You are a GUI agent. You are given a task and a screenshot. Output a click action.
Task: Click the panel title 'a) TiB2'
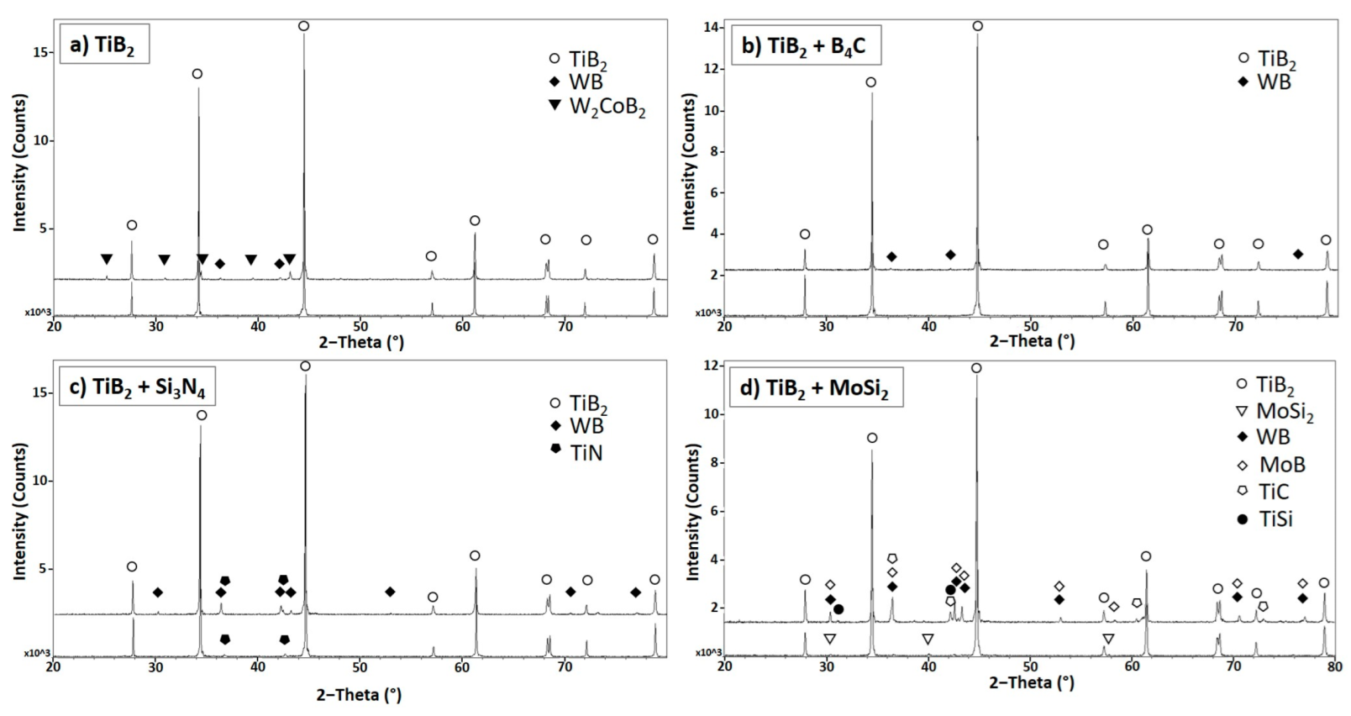(x=103, y=45)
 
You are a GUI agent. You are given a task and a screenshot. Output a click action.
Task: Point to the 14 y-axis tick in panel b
(x=711, y=27)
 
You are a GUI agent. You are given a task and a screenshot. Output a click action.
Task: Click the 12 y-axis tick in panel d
(x=711, y=366)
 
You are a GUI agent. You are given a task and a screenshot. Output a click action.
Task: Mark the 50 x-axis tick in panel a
(x=360, y=326)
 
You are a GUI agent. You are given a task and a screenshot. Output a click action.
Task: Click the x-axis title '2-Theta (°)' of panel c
(x=359, y=694)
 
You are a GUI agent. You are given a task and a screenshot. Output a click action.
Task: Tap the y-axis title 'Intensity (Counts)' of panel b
(x=690, y=161)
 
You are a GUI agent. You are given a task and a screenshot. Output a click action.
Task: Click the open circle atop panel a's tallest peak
(x=303, y=26)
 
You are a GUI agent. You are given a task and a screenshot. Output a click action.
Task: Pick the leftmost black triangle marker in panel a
(x=107, y=260)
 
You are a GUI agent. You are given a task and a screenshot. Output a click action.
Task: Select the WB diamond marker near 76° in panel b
(x=1298, y=254)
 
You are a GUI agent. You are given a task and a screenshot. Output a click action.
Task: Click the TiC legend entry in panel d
(x=1273, y=492)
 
